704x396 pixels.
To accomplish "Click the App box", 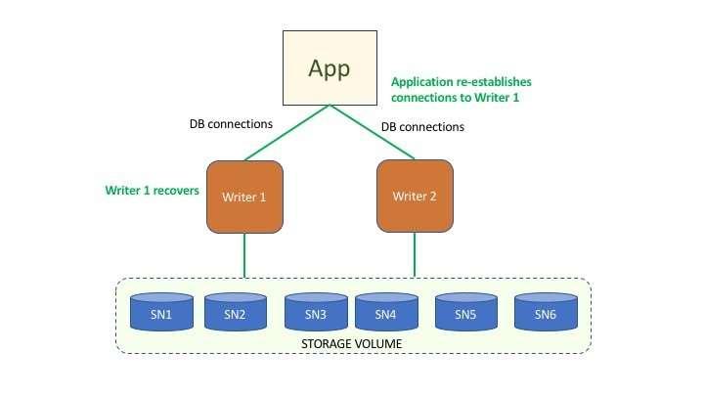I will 330,67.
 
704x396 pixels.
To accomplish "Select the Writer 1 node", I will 243,197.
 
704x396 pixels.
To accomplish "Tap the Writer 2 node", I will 415,197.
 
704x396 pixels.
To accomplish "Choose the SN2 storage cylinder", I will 236,313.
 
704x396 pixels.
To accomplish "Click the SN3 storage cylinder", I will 316,313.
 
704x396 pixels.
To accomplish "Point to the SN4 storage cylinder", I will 385,313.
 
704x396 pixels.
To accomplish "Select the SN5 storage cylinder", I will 466,313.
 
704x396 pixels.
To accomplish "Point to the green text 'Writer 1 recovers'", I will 152,191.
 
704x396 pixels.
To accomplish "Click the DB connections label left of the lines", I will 230,125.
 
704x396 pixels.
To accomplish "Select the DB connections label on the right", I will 422,127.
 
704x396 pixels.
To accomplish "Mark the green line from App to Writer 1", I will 286,133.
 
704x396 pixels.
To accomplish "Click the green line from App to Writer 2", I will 374,133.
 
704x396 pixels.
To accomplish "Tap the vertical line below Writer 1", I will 243,255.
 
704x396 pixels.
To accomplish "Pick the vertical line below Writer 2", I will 415,255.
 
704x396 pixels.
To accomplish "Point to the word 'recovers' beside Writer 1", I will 175,191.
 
